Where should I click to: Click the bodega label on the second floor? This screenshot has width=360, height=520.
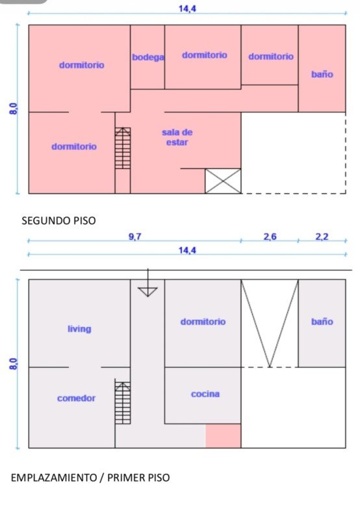click(148, 57)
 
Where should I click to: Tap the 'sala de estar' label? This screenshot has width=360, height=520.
click(177, 137)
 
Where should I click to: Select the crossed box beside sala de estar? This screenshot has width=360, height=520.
click(223, 181)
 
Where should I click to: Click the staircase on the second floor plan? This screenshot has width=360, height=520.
click(123, 148)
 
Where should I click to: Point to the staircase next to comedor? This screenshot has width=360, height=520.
click(123, 402)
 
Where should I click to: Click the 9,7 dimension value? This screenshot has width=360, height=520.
click(135, 237)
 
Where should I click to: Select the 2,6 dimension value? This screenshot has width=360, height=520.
click(270, 237)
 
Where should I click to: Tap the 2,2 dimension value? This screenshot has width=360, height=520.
click(322, 237)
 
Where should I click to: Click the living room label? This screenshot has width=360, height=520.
click(79, 329)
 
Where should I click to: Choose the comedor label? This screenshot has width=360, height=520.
click(76, 398)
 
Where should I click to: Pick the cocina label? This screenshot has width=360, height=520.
click(205, 394)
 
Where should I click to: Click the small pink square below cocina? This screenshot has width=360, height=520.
click(223, 435)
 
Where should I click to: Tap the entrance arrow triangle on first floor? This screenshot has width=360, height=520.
click(148, 292)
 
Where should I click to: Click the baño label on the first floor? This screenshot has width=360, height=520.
click(322, 322)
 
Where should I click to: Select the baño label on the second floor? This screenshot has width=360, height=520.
click(322, 74)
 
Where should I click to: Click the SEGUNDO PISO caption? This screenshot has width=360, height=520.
click(58, 220)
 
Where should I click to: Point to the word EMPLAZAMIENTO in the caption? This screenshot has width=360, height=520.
click(54, 478)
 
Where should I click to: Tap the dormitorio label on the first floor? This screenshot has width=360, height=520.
click(203, 322)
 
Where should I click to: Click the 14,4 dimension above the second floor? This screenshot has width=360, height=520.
click(187, 8)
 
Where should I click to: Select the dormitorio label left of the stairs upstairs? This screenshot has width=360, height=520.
click(74, 147)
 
